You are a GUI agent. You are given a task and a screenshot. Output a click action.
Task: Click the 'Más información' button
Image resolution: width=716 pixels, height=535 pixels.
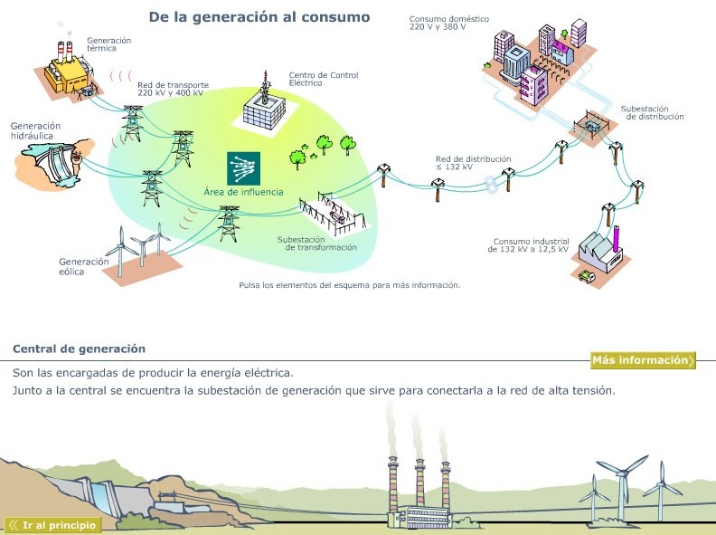pyautogui.click(x=643, y=360)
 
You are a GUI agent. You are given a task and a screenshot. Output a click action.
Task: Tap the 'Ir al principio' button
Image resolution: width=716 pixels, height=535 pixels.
pyautogui.click(x=53, y=524)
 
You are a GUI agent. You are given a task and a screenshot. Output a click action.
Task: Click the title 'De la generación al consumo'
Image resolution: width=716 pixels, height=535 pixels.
pyautogui.click(x=259, y=16)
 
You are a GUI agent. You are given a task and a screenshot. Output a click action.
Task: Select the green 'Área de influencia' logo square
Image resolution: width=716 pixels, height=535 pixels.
pyautogui.click(x=243, y=167)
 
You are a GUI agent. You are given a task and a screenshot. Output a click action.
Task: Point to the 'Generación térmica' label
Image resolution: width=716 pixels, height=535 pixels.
pyautogui.click(x=108, y=44)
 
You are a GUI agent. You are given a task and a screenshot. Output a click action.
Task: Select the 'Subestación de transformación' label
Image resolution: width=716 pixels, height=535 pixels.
pyautogui.click(x=316, y=244)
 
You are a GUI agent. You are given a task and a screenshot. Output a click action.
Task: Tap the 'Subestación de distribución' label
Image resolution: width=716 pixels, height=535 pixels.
pyautogui.click(x=652, y=112)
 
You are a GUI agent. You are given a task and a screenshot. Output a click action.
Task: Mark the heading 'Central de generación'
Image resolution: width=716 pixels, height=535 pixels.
pyautogui.click(x=79, y=349)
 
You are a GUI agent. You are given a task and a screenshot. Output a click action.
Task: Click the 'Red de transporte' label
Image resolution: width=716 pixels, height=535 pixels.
pyautogui.click(x=170, y=89)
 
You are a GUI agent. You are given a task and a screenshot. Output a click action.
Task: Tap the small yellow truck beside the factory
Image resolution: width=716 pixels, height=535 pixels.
pyautogui.click(x=589, y=275)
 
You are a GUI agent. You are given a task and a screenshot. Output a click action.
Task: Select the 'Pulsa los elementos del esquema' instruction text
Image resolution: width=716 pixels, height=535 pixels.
pyautogui.click(x=349, y=285)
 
